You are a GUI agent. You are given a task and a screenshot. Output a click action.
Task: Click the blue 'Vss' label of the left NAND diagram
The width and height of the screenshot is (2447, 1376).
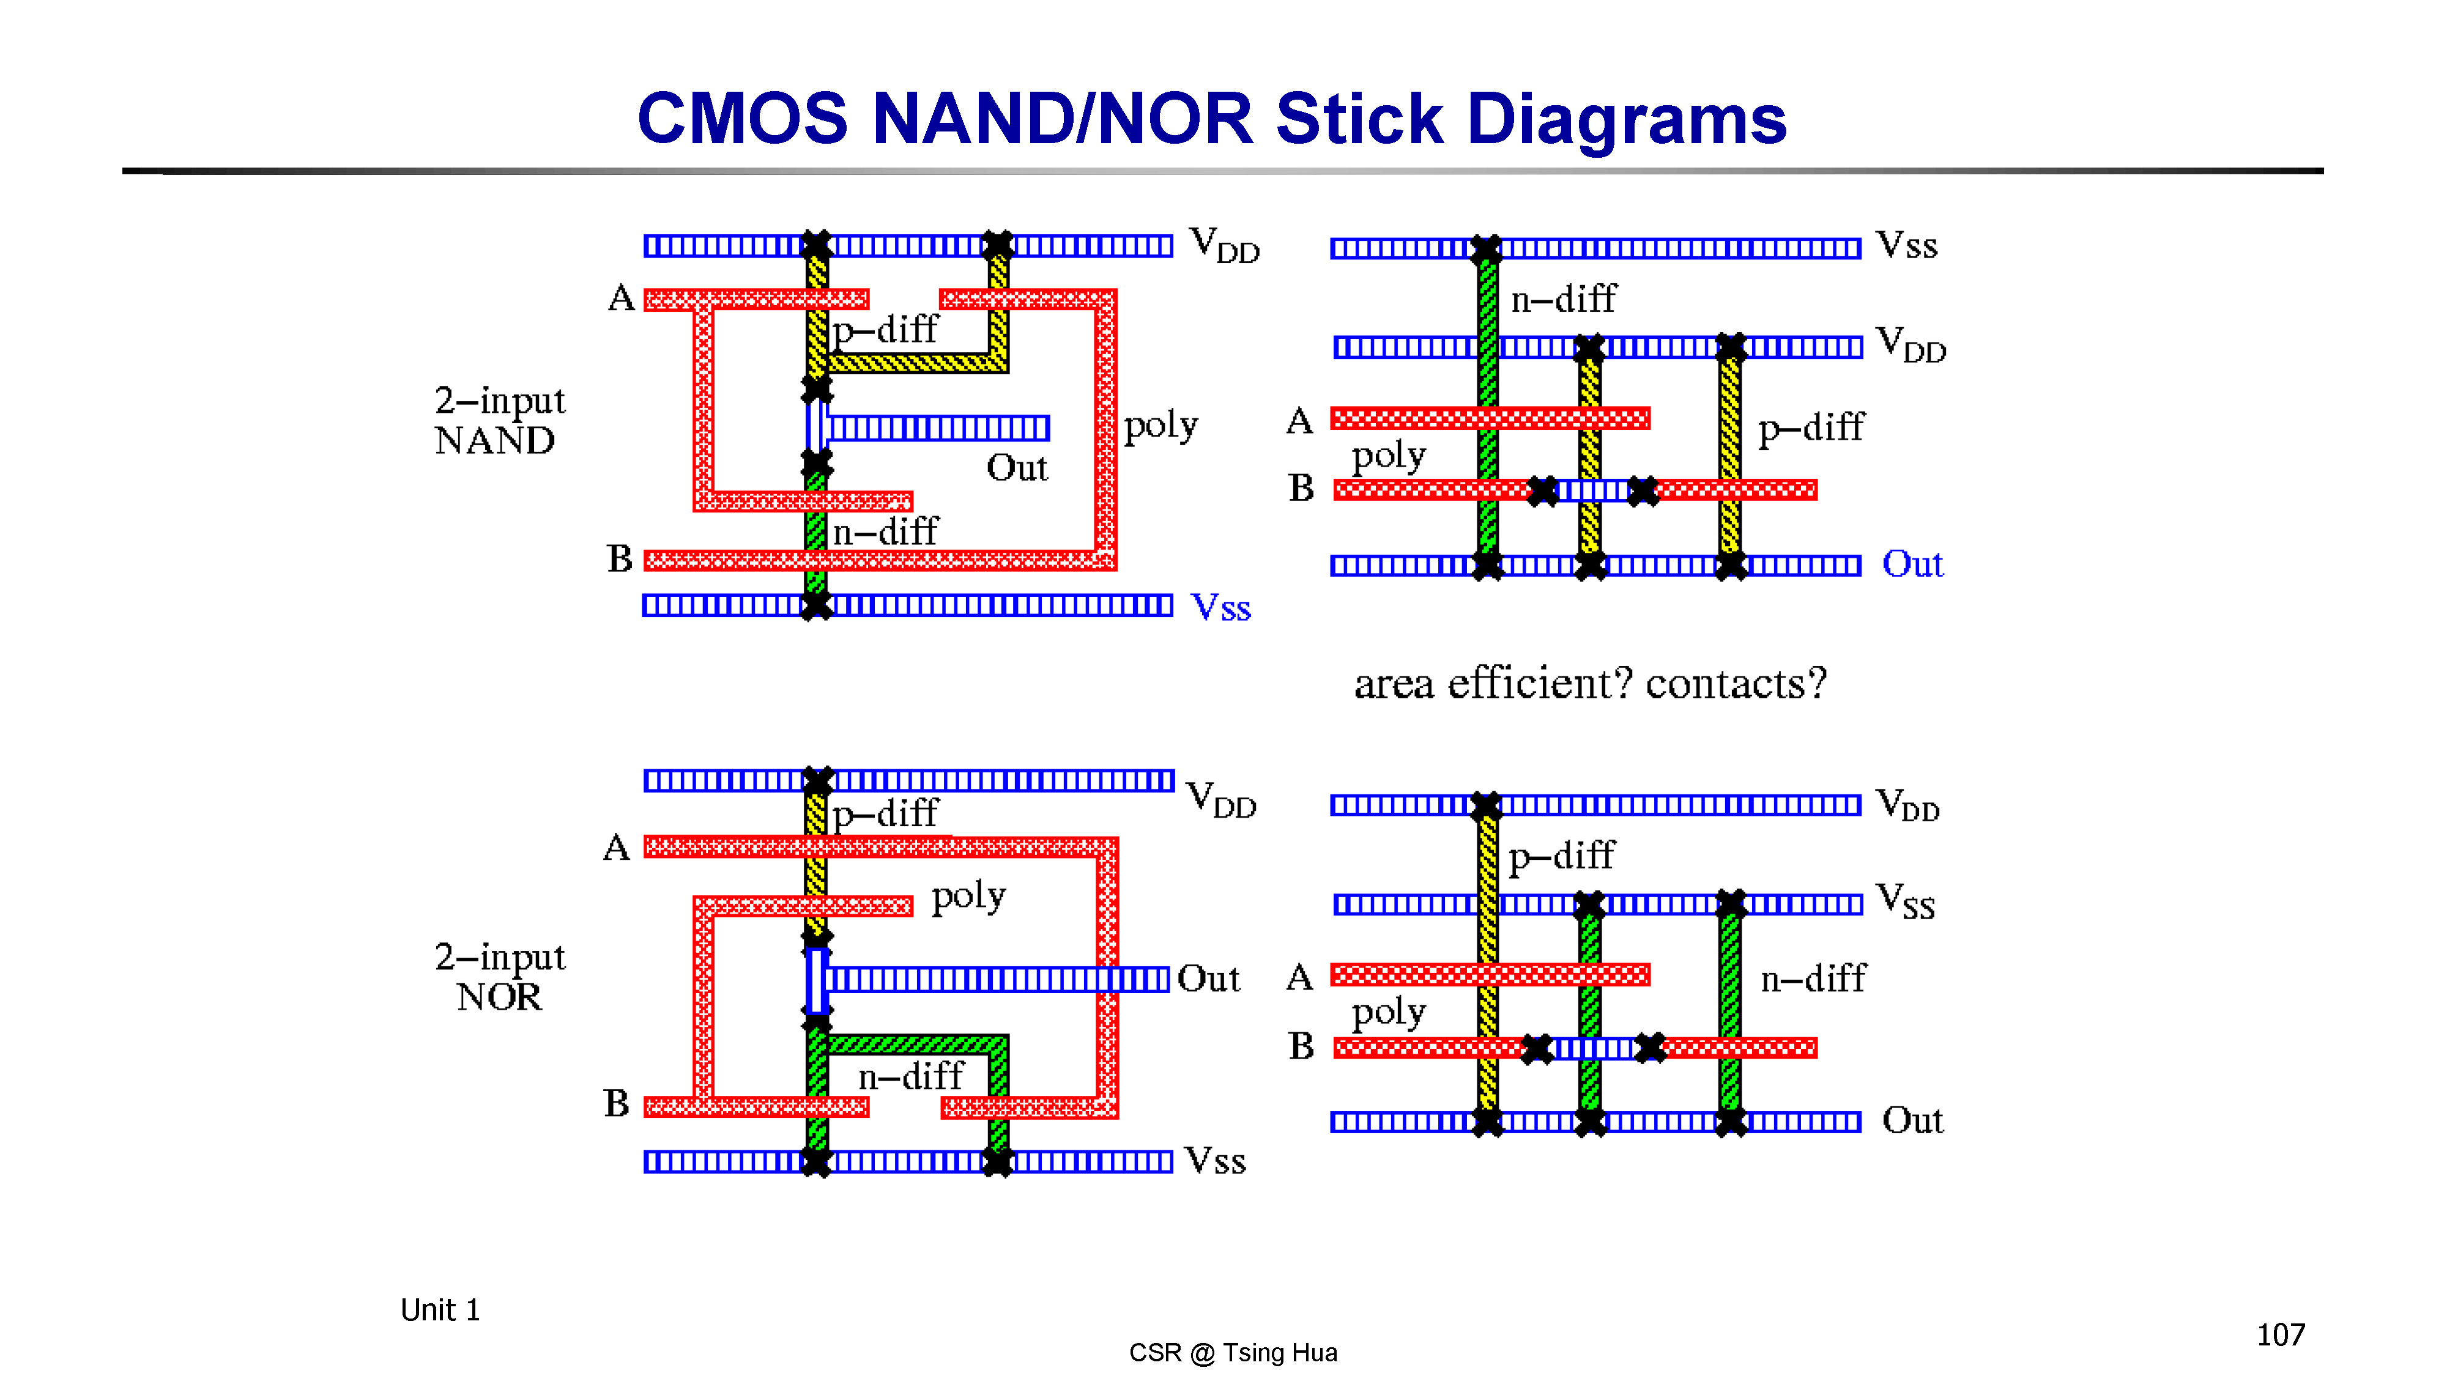1220,607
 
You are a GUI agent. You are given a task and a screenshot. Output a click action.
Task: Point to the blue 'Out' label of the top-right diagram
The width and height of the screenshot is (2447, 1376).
1912,564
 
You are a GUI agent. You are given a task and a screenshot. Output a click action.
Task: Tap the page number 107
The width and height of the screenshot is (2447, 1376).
2280,1335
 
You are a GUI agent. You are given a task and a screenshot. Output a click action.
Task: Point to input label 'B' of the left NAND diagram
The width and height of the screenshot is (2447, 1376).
619,558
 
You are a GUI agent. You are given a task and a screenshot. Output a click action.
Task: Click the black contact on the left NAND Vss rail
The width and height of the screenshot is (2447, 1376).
816,605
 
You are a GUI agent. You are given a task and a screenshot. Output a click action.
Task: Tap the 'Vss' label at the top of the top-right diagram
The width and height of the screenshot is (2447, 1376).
1906,245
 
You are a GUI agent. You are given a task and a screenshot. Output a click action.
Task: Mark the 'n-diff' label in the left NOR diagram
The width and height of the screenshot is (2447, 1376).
910,1076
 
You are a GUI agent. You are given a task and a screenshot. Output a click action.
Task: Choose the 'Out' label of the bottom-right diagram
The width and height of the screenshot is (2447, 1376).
1912,1120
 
